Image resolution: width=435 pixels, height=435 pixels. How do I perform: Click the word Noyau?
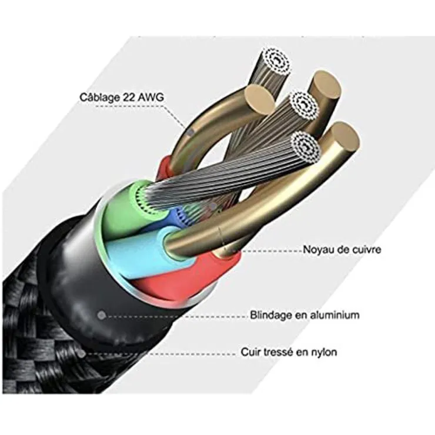point(317,249)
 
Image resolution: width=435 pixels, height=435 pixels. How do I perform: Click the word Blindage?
point(270,315)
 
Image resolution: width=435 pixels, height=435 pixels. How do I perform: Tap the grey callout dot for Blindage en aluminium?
point(102,315)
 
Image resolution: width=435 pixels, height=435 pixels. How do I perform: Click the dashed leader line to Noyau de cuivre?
point(267,250)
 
